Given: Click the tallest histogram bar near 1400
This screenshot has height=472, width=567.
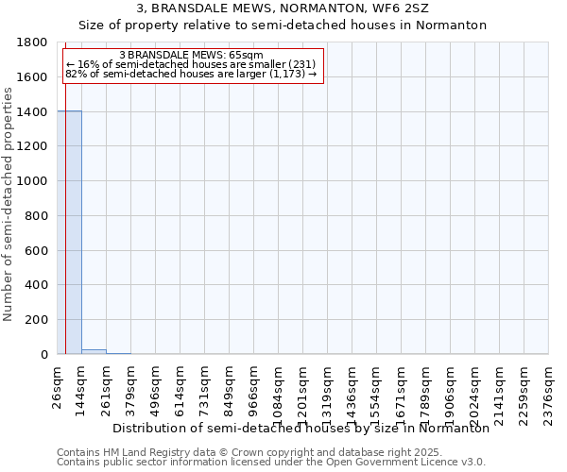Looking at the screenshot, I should (69, 232).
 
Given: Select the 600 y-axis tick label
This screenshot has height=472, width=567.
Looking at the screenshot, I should (38, 250).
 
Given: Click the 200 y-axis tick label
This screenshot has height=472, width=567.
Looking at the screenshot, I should (38, 320).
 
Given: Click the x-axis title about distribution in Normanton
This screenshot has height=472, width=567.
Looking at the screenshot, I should (301, 429).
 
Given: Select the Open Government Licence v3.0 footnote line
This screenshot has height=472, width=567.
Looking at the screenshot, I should (271, 463).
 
